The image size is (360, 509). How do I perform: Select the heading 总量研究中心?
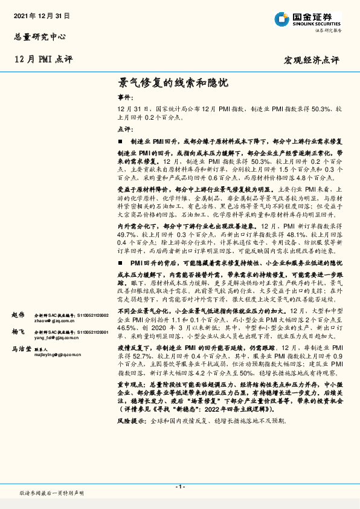tap(39, 36)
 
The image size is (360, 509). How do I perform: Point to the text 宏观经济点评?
tap(312, 60)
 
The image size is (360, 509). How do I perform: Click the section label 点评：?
tap(125, 129)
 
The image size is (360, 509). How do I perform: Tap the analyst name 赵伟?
tap(18, 315)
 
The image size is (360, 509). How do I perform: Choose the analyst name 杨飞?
tap(18, 332)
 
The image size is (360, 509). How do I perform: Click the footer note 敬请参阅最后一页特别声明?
tap(52, 493)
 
